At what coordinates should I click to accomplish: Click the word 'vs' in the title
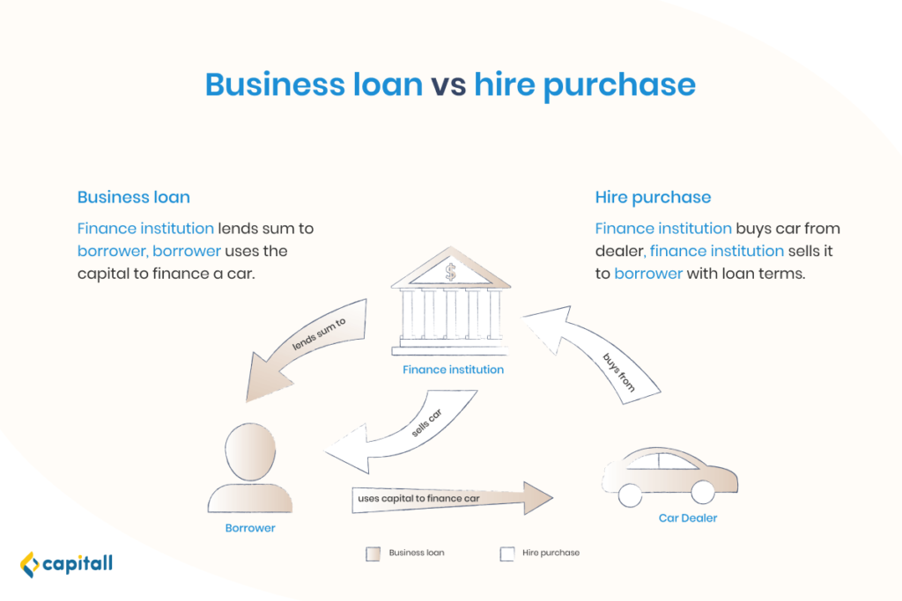[448, 85]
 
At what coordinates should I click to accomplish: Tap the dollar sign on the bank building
[450, 272]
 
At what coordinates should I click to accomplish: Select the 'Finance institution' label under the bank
[454, 370]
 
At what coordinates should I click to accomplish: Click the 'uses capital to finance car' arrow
[452, 498]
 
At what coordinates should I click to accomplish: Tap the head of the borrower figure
[250, 451]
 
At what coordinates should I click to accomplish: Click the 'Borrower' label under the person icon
[250, 528]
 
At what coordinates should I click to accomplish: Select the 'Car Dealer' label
[688, 517]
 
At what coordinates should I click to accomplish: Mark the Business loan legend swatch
[373, 553]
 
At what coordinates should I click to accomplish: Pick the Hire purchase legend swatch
[506, 553]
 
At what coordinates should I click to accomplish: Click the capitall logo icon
[30, 564]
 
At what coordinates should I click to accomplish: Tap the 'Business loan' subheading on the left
[134, 197]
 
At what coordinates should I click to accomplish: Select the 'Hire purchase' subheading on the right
[653, 198]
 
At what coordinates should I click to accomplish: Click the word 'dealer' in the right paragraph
[619, 251]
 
